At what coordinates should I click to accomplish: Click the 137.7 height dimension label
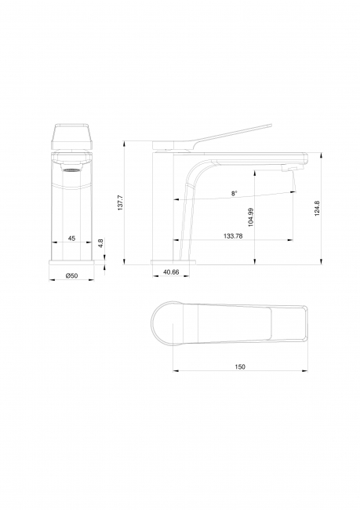tap(120, 202)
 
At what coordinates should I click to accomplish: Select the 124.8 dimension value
tap(318, 209)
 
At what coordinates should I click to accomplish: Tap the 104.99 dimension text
tap(250, 217)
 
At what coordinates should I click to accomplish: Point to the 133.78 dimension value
tap(233, 236)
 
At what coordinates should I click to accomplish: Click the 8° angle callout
tap(235, 193)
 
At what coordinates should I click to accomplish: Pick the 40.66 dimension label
tap(171, 272)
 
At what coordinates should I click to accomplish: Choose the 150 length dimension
tap(240, 366)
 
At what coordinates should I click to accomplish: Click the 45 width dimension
tap(71, 238)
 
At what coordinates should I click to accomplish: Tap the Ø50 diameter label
tap(71, 275)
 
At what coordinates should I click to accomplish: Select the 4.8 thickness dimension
tap(101, 243)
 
